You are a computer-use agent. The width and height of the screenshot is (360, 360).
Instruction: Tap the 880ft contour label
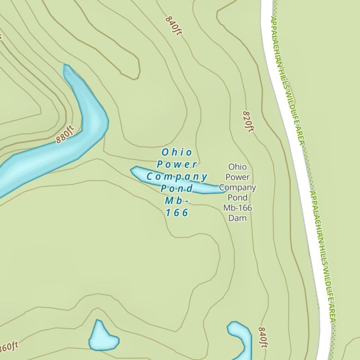point(65,134)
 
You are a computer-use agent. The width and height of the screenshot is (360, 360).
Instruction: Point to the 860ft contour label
point(8,347)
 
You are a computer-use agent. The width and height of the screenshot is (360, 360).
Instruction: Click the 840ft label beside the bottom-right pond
point(263,337)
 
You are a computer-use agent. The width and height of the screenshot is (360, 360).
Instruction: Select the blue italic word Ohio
point(177,152)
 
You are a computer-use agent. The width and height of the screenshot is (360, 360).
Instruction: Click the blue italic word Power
point(177,165)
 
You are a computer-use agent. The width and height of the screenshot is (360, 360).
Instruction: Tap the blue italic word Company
point(177,177)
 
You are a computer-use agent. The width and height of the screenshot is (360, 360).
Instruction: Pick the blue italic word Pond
point(177,189)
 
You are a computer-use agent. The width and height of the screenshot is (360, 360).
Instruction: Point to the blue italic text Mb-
point(177,201)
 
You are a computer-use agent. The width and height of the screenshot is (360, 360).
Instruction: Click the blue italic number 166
point(177,213)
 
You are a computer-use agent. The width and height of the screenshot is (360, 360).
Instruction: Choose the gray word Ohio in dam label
point(238,167)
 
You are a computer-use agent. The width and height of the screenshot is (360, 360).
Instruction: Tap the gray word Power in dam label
point(238,177)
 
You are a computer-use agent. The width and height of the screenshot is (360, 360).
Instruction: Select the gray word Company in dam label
point(238,188)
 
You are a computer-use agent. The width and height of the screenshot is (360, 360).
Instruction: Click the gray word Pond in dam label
point(238,198)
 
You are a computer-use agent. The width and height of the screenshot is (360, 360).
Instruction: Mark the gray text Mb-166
point(238,208)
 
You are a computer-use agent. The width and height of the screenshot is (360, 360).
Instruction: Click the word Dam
point(238,218)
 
